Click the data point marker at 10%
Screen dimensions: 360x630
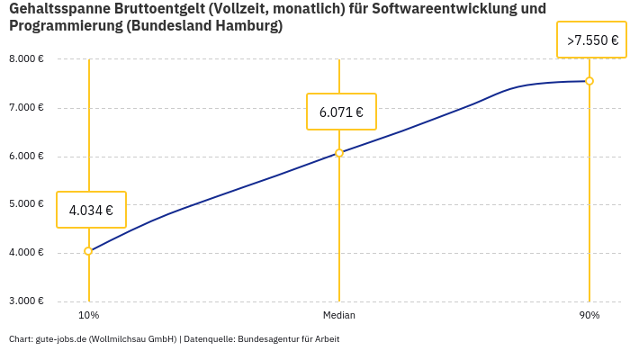88,251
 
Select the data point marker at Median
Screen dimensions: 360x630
339,153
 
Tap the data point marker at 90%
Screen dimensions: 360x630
589,81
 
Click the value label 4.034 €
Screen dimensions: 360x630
91,211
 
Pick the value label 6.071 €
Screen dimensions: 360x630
341,112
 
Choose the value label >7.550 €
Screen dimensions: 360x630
591,40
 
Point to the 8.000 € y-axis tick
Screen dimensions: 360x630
26,59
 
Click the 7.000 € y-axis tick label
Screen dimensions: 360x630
26,108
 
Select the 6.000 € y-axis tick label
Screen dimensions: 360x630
26,157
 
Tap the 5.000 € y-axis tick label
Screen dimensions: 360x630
26,204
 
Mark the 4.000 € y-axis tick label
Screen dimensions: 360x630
26,253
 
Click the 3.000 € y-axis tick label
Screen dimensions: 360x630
26,301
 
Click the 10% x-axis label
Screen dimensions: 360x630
88,316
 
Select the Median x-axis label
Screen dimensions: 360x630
339,316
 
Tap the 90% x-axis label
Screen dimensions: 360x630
589,316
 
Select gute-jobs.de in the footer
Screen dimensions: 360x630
60,339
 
